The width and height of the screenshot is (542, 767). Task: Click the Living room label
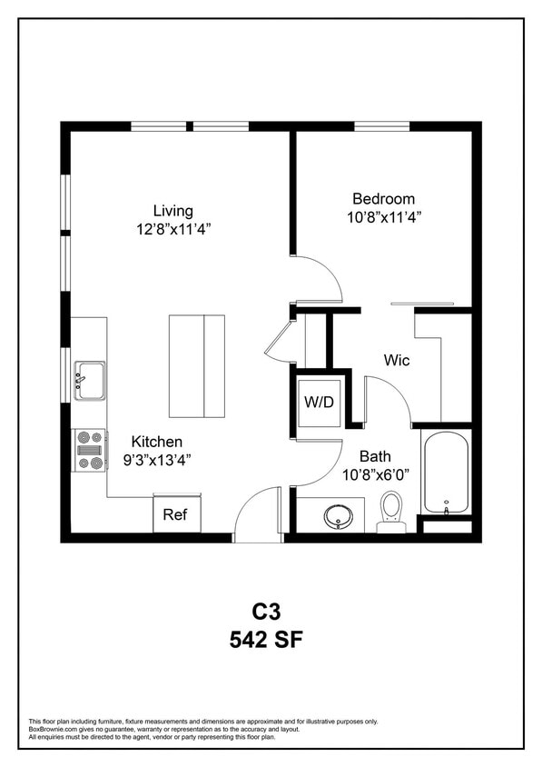[172, 211]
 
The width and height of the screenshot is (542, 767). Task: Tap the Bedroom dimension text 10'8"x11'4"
[384, 217]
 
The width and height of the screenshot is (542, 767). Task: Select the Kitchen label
[157, 441]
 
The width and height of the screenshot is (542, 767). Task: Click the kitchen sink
[89, 380]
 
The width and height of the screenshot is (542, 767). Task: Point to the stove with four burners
[89, 450]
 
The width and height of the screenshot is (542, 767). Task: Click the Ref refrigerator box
[175, 514]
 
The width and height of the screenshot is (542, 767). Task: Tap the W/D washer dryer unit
[320, 401]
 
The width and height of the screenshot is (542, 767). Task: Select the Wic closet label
[396, 361]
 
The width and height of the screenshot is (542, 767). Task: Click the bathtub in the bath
[445, 472]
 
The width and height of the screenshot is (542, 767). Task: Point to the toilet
[391, 512]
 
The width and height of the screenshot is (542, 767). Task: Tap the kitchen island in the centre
[196, 365]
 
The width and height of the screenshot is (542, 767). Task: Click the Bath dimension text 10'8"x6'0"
[376, 474]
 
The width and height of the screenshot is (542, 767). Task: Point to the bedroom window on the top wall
[381, 126]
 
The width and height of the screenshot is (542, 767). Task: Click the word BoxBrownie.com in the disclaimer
[51, 729]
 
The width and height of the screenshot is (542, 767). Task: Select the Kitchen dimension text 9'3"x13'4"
[157, 460]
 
